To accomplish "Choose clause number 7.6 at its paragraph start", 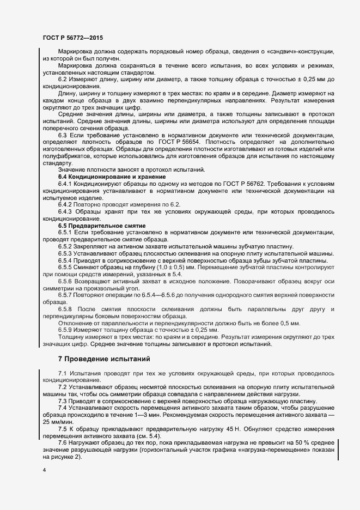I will (x=63, y=443).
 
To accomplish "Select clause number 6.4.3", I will (x=67, y=211).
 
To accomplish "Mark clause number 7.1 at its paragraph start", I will (x=63, y=373).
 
